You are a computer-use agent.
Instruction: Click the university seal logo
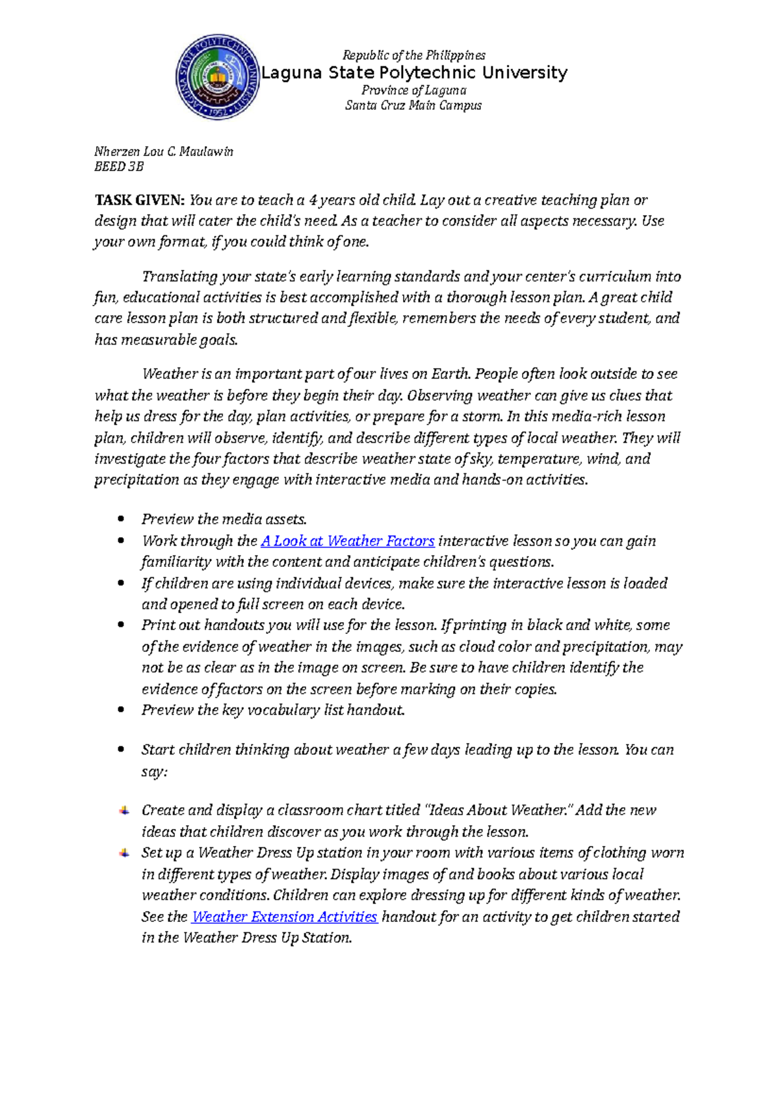pos(217,77)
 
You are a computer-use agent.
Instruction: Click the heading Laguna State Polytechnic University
pos(414,72)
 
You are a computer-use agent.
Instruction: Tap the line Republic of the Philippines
pos(414,55)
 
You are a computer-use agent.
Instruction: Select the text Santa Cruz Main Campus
pos(413,105)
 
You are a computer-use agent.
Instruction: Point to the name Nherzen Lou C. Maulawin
pos(164,151)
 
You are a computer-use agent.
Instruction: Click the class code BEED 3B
pos(119,166)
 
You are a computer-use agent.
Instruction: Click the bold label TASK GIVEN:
pos(140,200)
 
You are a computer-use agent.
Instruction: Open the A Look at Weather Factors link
pos(347,541)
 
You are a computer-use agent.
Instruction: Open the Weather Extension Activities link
pos(284,917)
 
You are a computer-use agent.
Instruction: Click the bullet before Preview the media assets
pos(120,519)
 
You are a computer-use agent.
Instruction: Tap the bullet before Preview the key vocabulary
pos(120,710)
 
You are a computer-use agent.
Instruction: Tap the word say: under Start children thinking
pos(155,772)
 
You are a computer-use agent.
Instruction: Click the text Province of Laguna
pos(414,90)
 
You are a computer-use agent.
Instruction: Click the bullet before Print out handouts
pos(120,625)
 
